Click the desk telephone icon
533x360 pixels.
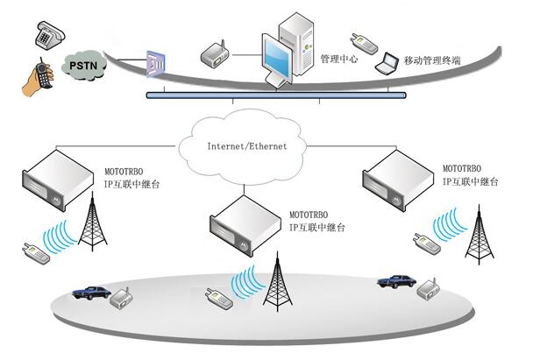coord(50,35)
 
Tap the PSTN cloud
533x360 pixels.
coord(83,66)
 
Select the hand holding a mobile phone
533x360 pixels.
coord(39,78)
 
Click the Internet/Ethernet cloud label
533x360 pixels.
coord(247,146)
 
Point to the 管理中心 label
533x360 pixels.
coord(339,59)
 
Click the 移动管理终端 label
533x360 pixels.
coord(432,60)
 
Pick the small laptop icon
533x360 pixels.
coord(387,64)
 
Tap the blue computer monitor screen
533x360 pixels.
coord(277,59)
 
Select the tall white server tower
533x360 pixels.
coord(296,44)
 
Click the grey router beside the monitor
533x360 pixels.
coord(215,54)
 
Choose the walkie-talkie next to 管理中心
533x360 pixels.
coord(364,44)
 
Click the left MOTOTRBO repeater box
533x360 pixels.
coord(58,180)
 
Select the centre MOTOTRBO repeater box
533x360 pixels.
coord(245,226)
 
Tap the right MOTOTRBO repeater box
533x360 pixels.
coord(398,180)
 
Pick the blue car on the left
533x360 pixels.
coord(91,293)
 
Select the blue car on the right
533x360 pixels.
coord(397,281)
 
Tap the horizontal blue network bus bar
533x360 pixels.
coord(276,95)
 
